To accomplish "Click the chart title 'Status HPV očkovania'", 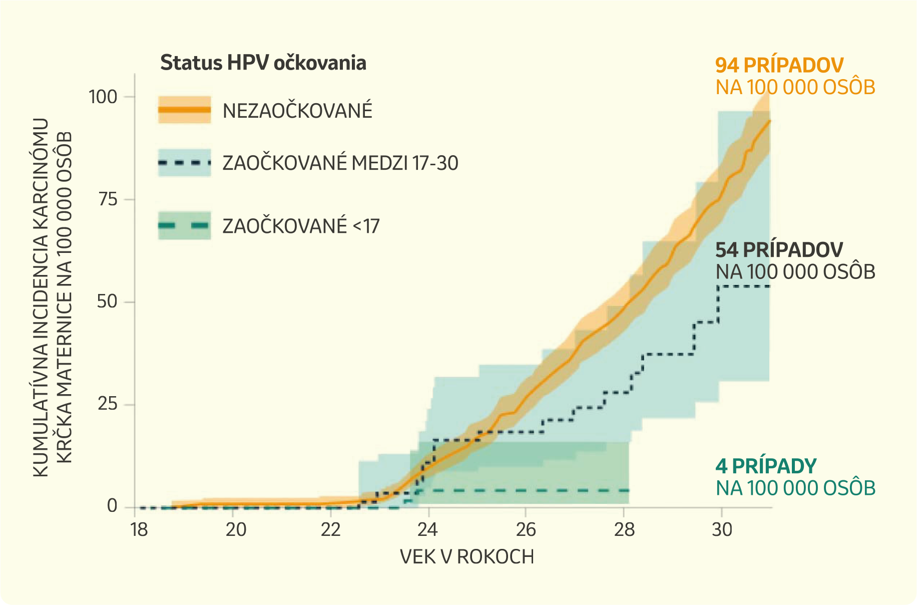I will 263,63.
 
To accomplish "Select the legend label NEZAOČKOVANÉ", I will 297,111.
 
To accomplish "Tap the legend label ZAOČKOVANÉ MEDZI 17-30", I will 340,163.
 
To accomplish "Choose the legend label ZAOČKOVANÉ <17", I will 301,226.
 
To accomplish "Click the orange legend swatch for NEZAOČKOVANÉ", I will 184,110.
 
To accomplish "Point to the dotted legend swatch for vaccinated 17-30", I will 184,163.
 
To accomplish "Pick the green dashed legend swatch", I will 184,226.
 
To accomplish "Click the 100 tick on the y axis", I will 103,97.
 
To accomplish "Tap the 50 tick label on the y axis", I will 108,302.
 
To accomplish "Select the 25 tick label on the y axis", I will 108,404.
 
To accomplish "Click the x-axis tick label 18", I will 139,529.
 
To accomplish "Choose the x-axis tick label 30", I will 722,529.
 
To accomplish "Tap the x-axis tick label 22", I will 331,529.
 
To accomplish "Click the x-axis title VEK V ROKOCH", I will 467,557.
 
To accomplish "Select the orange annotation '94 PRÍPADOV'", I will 779,66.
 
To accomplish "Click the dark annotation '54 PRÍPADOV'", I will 779,250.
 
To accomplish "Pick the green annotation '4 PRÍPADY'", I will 766,466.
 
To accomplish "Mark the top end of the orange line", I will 769,121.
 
